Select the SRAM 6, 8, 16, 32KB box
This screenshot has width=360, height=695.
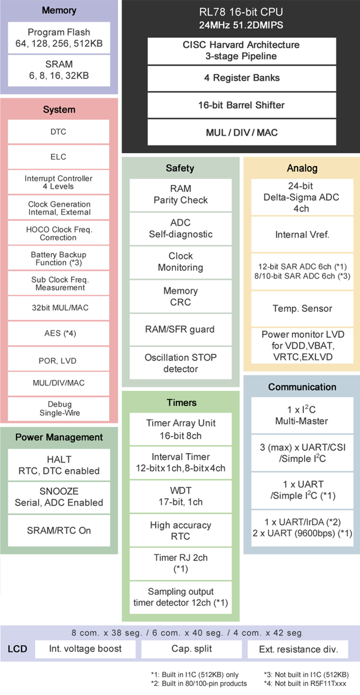tap(59, 70)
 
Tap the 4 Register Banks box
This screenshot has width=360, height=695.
tap(241, 78)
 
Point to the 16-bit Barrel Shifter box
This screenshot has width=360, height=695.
tap(241, 105)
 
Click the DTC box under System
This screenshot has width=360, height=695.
tap(59, 132)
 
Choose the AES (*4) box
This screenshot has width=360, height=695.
tap(59, 333)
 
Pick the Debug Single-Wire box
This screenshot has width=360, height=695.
tap(59, 408)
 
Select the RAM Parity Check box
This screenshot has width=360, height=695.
tap(180, 194)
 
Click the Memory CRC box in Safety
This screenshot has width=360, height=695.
tap(180, 297)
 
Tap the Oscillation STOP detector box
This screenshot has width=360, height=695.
tap(180, 363)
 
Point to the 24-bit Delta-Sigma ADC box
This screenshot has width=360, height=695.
tap(301, 197)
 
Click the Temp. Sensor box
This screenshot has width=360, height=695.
tap(301, 308)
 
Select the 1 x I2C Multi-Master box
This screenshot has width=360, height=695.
tap(301, 415)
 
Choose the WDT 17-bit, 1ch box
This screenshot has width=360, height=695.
tap(180, 496)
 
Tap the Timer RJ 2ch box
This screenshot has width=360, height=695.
tap(180, 563)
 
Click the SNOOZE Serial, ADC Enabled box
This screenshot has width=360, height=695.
tap(59, 497)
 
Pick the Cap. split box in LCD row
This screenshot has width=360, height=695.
tap(192, 649)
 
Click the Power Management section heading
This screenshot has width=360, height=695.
tap(59, 437)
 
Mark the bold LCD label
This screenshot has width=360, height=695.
tap(17, 649)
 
